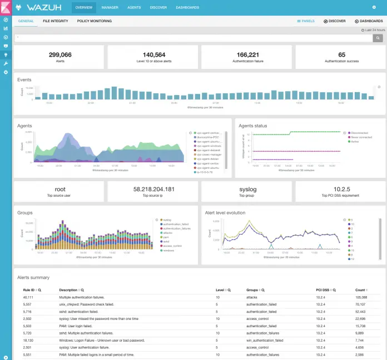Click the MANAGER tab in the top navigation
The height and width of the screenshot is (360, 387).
click(x=110, y=8)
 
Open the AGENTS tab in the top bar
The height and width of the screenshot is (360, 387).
click(x=134, y=8)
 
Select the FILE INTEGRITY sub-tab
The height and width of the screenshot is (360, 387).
click(x=55, y=21)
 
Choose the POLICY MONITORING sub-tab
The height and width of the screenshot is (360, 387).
click(x=94, y=21)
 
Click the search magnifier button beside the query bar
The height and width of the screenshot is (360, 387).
click(x=378, y=38)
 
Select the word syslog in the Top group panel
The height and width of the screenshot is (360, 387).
click(x=247, y=189)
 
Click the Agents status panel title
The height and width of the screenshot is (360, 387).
click(x=253, y=126)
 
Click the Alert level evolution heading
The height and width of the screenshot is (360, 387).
click(x=225, y=212)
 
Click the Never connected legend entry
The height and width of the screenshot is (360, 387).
click(x=361, y=137)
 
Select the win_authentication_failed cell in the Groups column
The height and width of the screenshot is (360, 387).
click(x=265, y=340)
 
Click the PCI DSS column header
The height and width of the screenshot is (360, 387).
click(x=322, y=290)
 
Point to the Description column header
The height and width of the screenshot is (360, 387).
click(x=68, y=290)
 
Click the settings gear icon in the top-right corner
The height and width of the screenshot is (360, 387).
click(x=374, y=8)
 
